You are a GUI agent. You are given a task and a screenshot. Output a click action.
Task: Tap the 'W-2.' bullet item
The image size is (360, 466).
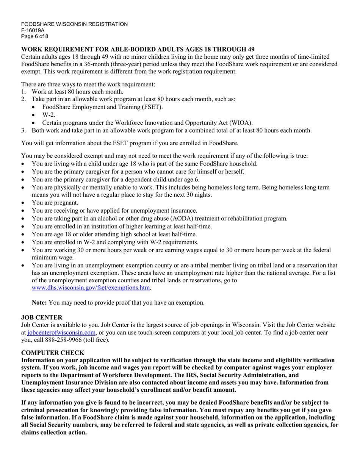[49, 114]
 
